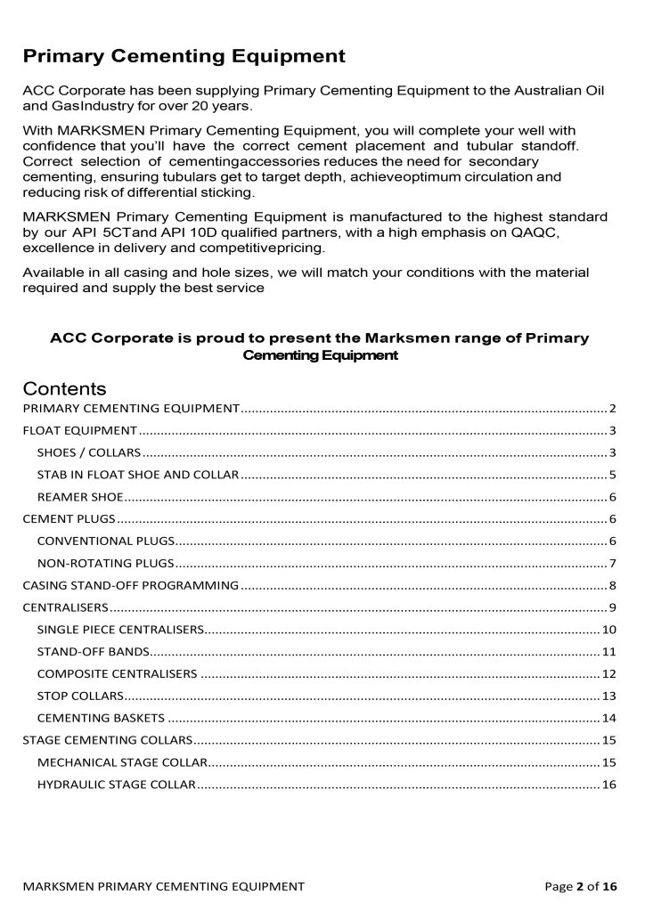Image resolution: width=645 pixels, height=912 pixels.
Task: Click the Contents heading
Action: point(65,388)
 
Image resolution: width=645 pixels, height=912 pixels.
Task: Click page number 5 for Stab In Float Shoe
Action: point(613,475)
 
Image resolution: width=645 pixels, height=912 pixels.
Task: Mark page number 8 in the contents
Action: point(613,585)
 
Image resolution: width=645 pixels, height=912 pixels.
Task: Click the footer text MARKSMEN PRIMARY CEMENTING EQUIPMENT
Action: point(164,886)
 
